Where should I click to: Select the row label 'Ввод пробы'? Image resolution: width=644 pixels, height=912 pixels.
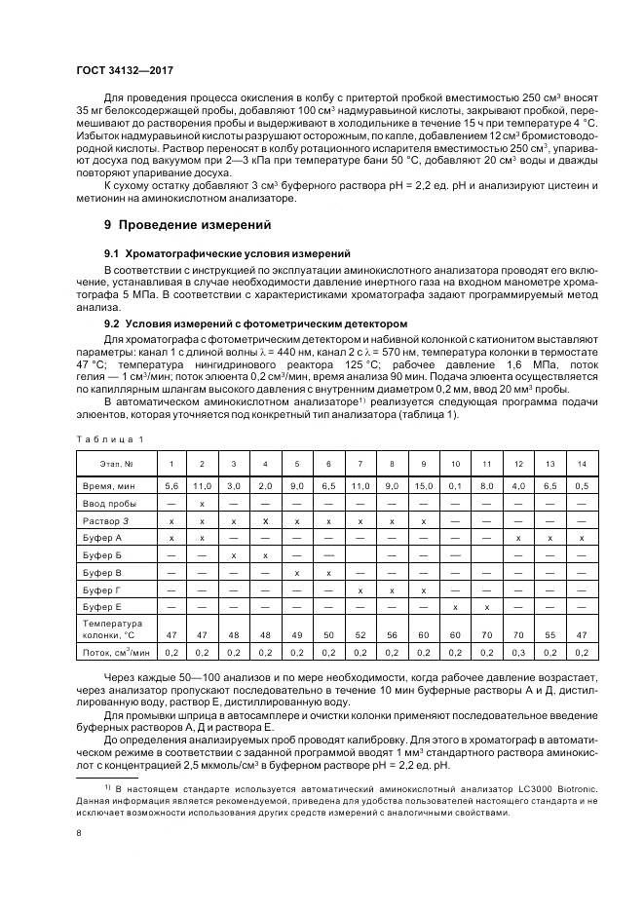[104, 504]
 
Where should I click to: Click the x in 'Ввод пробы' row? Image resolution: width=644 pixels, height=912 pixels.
[202, 504]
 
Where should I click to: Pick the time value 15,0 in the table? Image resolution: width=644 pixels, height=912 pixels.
[423, 484]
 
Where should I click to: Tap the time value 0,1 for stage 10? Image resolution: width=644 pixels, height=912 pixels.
[455, 484]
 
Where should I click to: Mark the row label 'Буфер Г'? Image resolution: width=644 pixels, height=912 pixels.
[100, 590]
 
